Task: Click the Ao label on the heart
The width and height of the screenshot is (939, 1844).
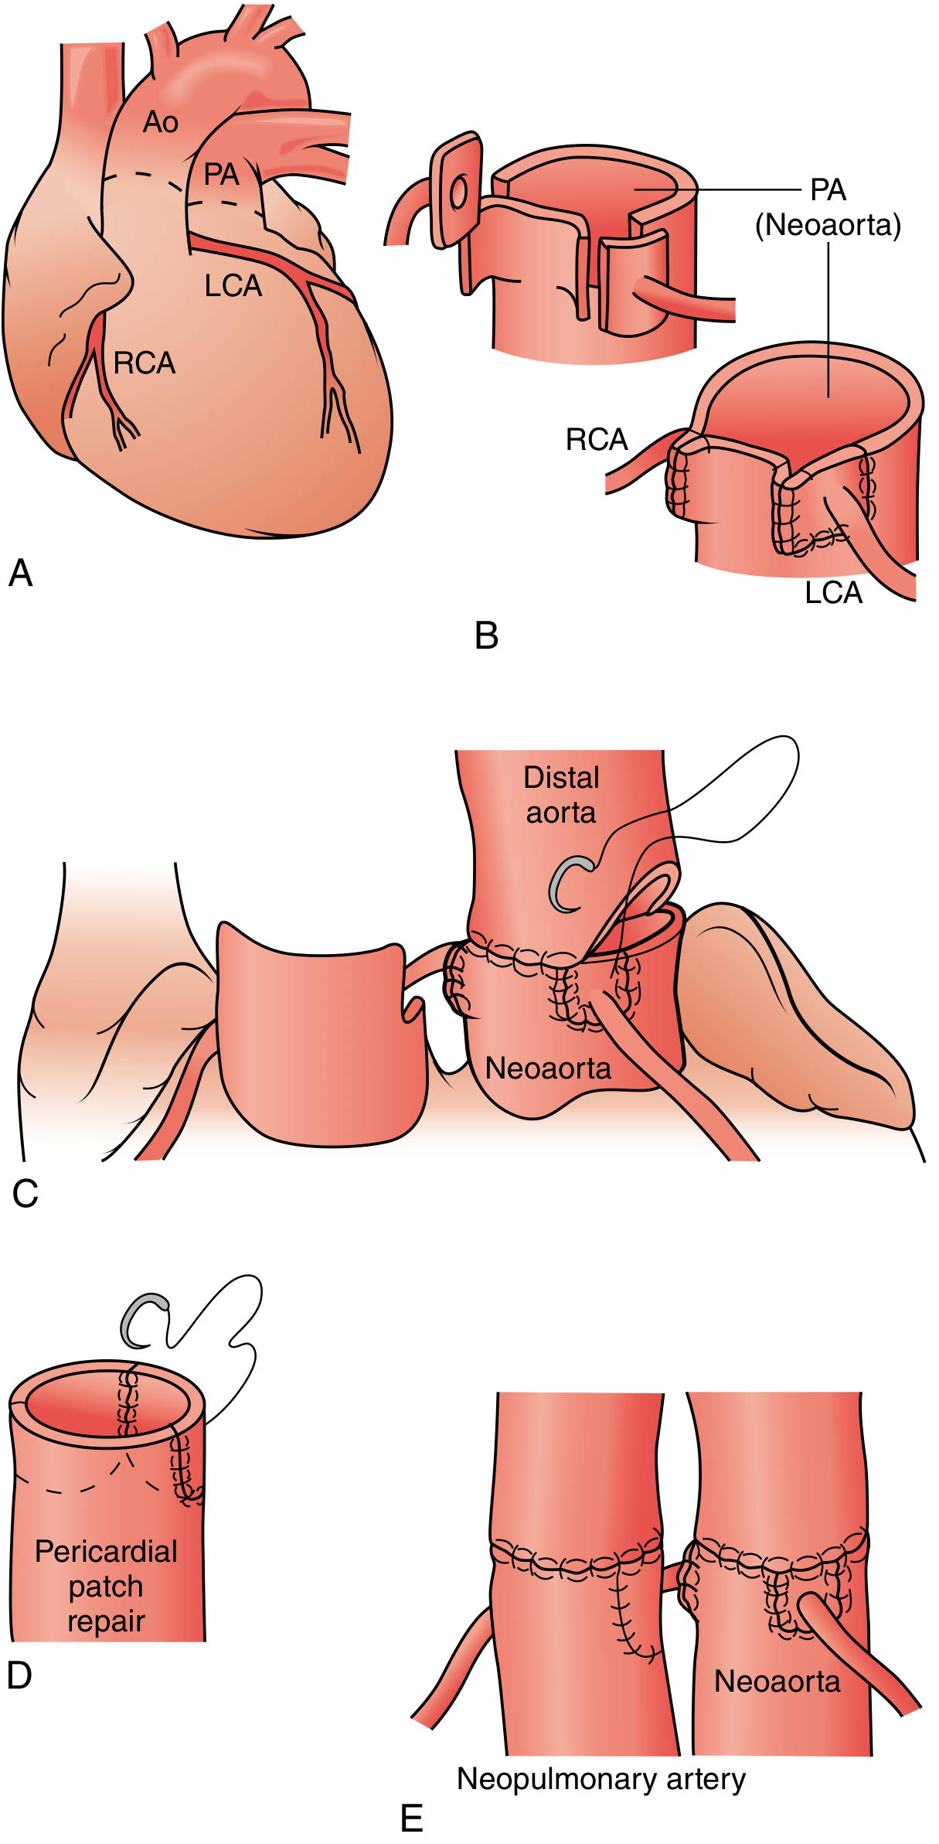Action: pos(161,122)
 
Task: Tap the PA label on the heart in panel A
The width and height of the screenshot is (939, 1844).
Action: pos(221,175)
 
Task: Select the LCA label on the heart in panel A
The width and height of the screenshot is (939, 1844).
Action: pos(233,286)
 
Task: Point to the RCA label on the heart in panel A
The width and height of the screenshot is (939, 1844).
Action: pos(145,363)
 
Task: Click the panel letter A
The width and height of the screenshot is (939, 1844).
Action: pos(21,573)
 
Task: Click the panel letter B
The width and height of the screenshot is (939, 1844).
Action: pos(487,636)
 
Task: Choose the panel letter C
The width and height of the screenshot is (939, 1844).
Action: pos(25,1193)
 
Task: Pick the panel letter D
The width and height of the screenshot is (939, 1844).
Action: pos(19,1675)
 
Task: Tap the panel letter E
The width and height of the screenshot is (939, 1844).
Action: pos(412,1818)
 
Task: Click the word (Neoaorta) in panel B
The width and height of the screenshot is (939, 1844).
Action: pos(828,225)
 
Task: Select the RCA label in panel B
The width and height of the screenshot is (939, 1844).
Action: pos(597,439)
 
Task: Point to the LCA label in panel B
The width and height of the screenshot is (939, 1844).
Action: pos(833,592)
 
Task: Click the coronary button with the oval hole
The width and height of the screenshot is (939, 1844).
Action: pos(457,190)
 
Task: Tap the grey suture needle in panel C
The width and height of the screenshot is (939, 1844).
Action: pos(570,884)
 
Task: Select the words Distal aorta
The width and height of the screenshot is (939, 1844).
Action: pos(561,795)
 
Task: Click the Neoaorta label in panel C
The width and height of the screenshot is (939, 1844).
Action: pos(548,1068)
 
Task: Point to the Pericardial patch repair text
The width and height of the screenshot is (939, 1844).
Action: pos(107,1586)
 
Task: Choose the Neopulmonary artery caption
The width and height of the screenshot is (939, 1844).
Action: pos(601,1778)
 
